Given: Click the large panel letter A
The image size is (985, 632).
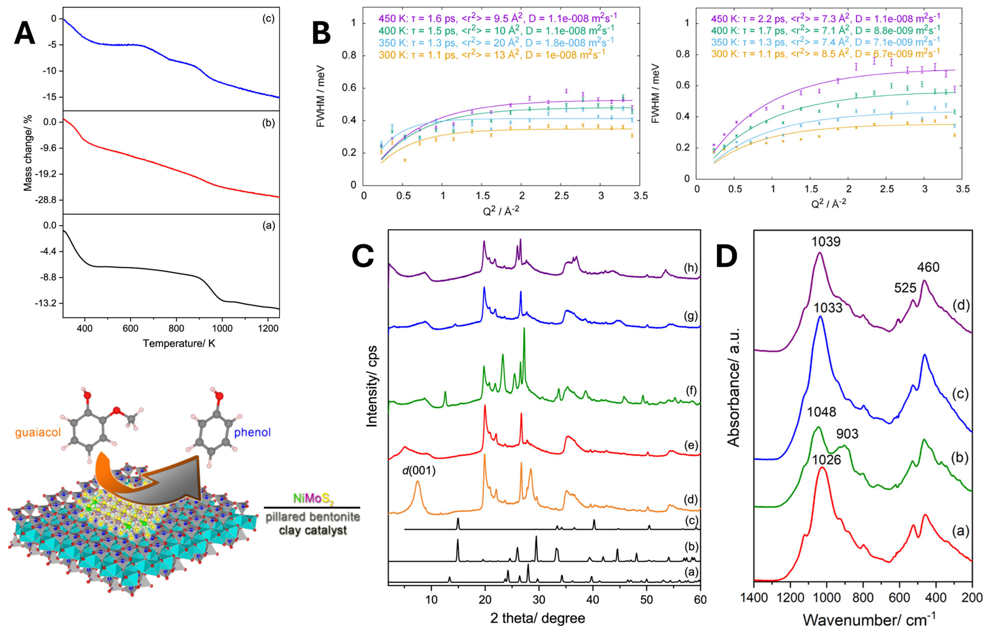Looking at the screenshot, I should (x=25, y=33).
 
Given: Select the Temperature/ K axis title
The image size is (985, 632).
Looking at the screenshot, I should (x=179, y=343).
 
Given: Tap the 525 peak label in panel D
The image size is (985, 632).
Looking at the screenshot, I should (x=905, y=288).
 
